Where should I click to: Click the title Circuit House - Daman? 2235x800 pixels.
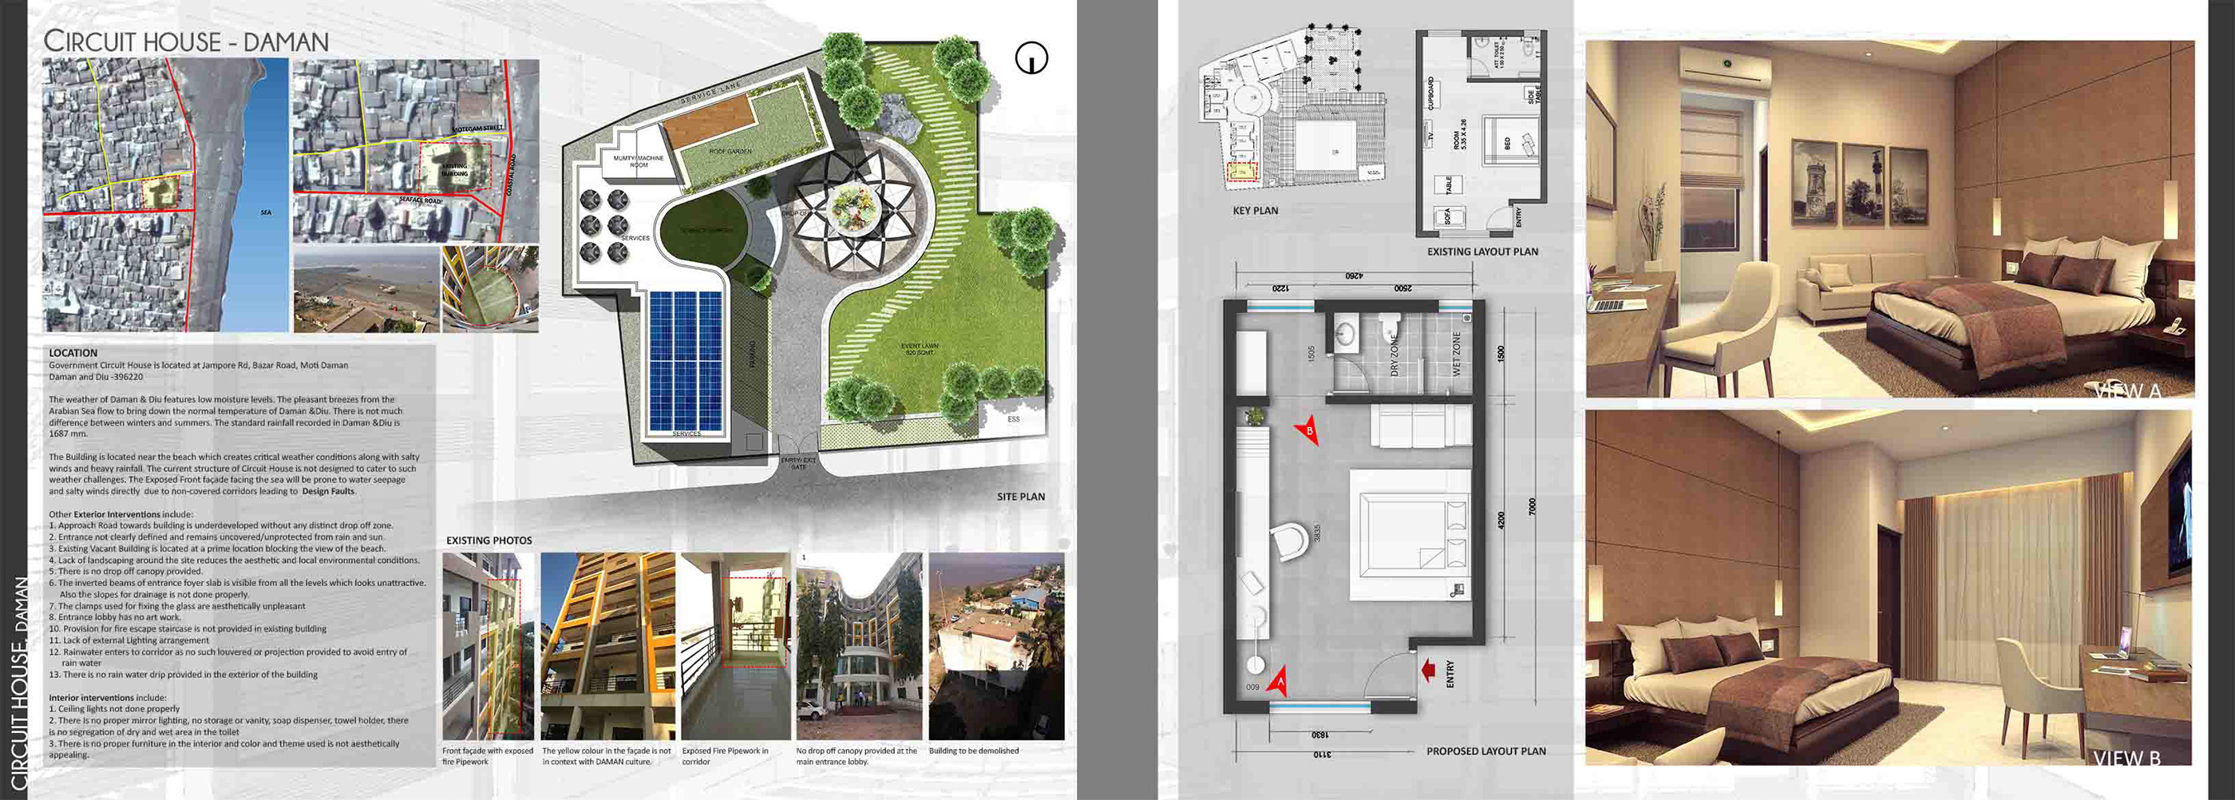tap(186, 42)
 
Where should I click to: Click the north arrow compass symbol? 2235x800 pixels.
tap(1030, 58)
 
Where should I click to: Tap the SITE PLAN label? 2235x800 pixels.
tap(1020, 497)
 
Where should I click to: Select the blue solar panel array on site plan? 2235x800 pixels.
tap(685, 360)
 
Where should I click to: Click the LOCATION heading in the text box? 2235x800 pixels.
tap(73, 353)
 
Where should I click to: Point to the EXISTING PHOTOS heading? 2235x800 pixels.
tap(489, 541)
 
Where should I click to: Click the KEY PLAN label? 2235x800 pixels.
tap(1255, 211)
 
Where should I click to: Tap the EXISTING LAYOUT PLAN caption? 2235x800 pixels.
tap(1482, 251)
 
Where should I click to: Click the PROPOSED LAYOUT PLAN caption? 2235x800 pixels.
tap(1485, 751)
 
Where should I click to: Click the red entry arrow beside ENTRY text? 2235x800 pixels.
tap(1427, 670)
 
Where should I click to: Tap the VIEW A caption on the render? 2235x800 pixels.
tap(2126, 390)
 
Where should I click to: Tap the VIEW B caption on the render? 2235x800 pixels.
tap(2126, 758)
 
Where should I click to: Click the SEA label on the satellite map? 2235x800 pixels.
tap(266, 212)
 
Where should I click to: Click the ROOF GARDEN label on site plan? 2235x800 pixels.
tap(730, 152)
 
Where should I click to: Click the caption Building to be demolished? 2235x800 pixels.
tap(974, 751)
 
